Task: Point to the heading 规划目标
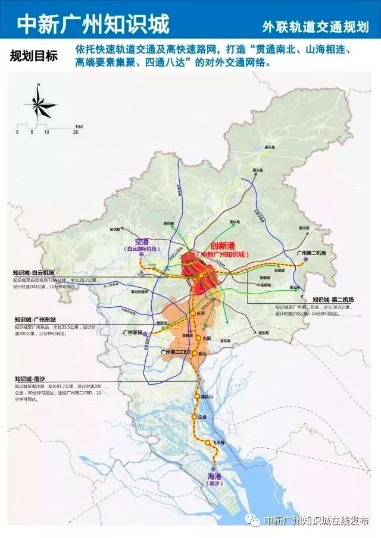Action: [x=34, y=56]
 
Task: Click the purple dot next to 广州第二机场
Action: [x=306, y=260]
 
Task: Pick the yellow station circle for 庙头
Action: [x=195, y=353]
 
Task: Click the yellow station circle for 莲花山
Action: [x=196, y=396]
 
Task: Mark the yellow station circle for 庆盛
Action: [x=193, y=417]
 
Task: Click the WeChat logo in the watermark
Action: [x=255, y=521]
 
